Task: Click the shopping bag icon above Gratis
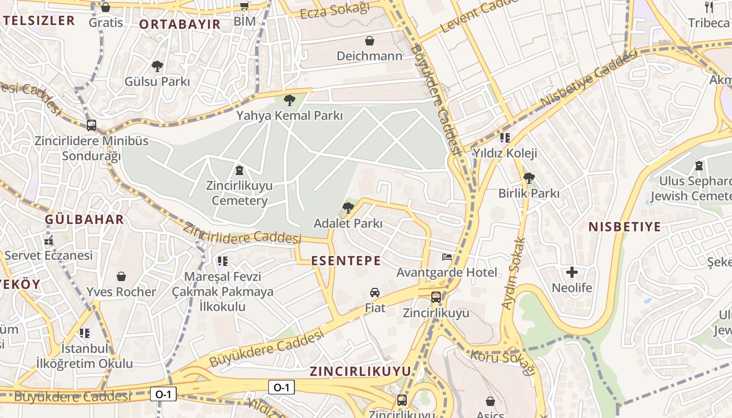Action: [x=106, y=7]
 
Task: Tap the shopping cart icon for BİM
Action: [x=244, y=6]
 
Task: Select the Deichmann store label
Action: [x=370, y=55]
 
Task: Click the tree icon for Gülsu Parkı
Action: [x=157, y=66]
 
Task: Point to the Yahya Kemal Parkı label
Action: [x=289, y=115]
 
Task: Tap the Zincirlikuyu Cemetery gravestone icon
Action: [x=239, y=170]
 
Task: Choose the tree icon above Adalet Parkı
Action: [x=348, y=208]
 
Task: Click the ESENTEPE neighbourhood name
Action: [x=346, y=261]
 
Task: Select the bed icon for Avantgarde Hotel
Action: [x=447, y=257]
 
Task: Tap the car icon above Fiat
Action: [x=375, y=292]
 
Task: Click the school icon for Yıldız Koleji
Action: [x=505, y=138]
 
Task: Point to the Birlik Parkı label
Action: [x=529, y=193]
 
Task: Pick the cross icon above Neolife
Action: [x=572, y=272]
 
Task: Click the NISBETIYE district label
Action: [x=624, y=227]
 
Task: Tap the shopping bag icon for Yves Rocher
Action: [x=121, y=276]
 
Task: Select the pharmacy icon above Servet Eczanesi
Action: [x=49, y=240]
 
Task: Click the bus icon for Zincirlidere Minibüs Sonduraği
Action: [x=92, y=125]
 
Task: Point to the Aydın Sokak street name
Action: [x=513, y=273]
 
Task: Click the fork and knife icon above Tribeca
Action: [x=709, y=7]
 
